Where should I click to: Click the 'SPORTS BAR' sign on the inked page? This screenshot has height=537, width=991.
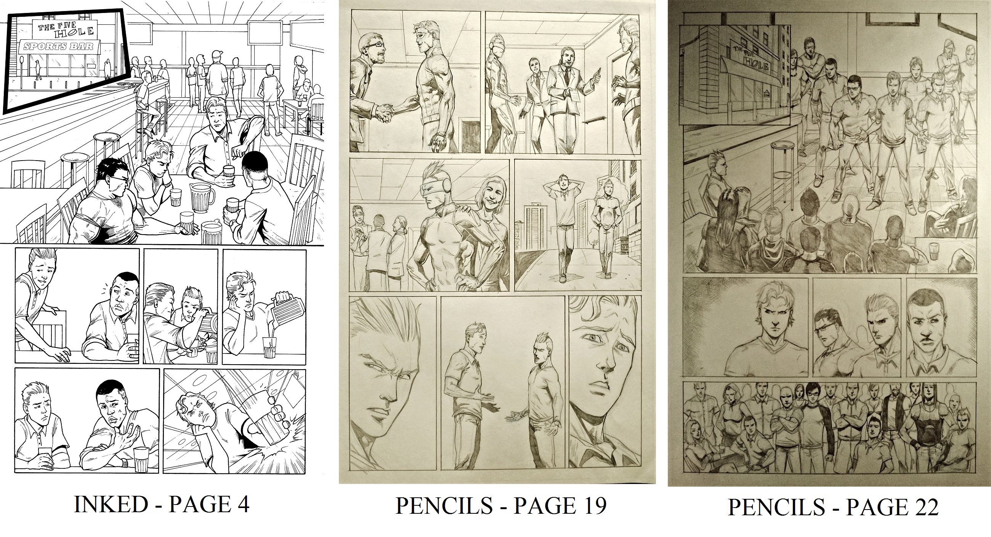pos(60,47)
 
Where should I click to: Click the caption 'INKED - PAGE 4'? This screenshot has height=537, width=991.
pos(162,505)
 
